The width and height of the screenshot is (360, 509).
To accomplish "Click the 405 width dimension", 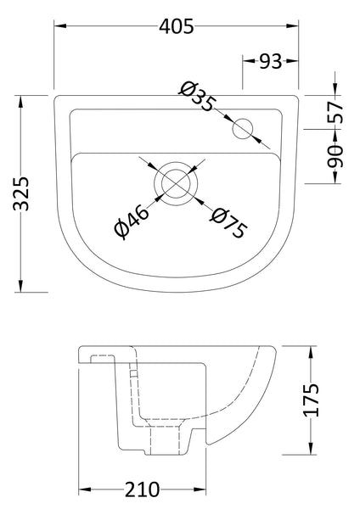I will [177, 26].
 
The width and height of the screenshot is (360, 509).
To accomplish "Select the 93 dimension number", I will [270, 60].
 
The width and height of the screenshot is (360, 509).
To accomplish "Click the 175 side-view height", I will [316, 401].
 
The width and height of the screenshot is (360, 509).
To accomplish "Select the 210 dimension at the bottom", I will [141, 490].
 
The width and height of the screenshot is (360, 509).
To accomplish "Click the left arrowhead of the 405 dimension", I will [59, 26].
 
